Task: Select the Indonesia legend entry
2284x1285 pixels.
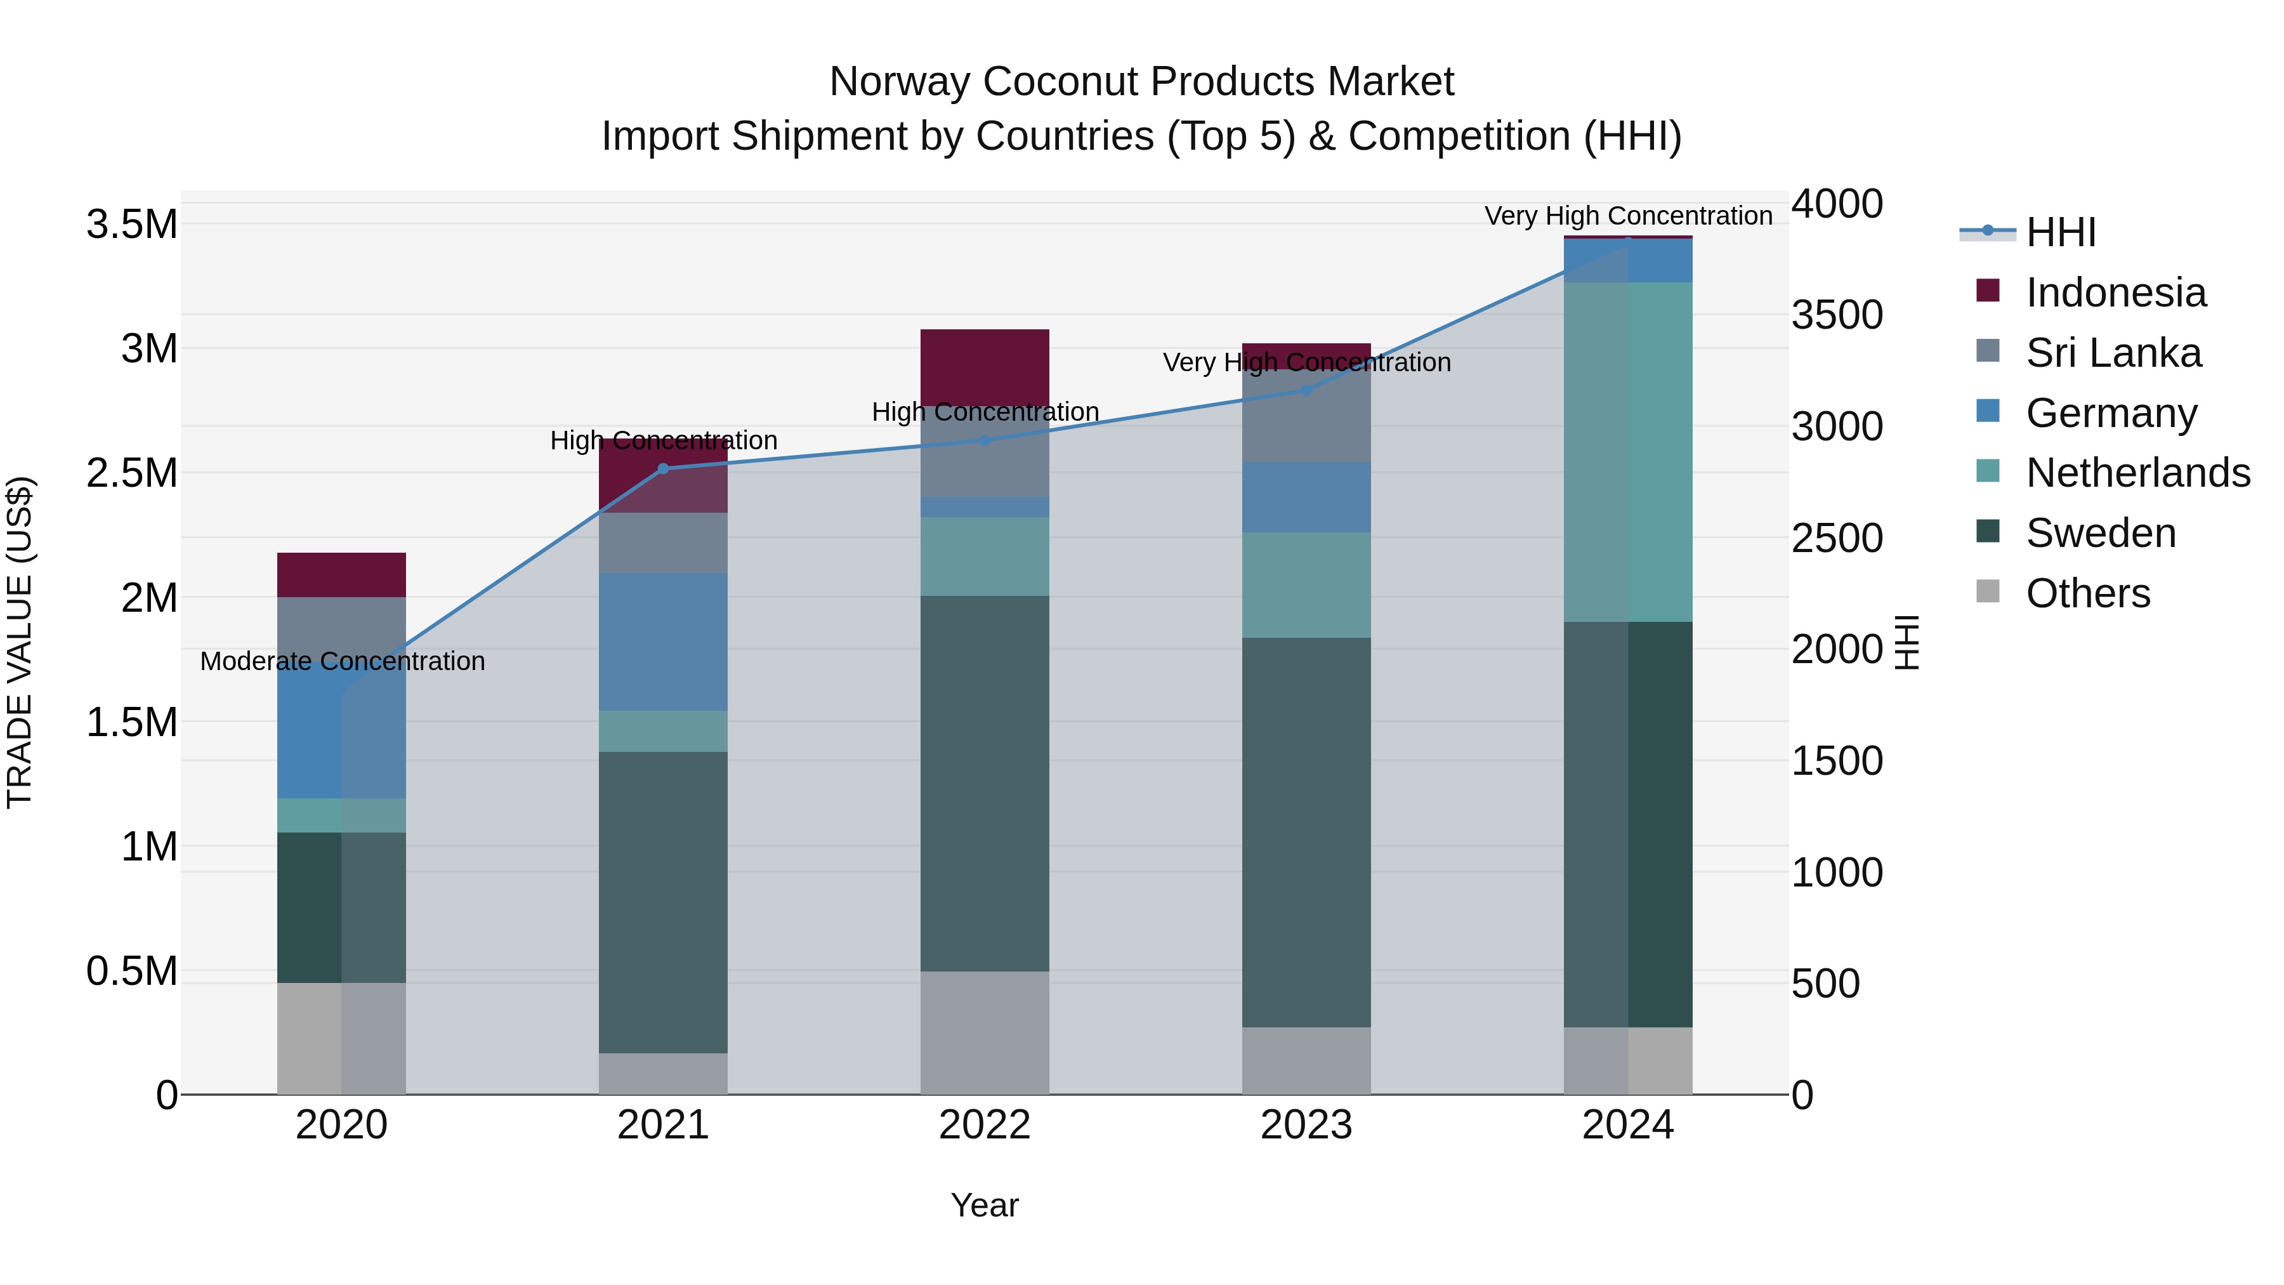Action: (x=2115, y=293)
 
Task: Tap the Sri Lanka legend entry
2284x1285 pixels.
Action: (x=2113, y=353)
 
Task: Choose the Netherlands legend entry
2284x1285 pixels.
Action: (x=2137, y=473)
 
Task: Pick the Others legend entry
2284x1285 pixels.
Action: (x=2087, y=593)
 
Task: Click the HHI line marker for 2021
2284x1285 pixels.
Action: (x=663, y=468)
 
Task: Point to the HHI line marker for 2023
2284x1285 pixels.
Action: (x=1306, y=390)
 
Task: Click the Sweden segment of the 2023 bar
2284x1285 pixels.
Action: (x=1306, y=832)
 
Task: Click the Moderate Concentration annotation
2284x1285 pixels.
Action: (x=342, y=662)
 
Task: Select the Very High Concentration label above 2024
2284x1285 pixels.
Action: (x=1628, y=216)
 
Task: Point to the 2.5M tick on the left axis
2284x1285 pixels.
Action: (x=131, y=473)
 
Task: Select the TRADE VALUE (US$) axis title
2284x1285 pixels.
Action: (x=20, y=642)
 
